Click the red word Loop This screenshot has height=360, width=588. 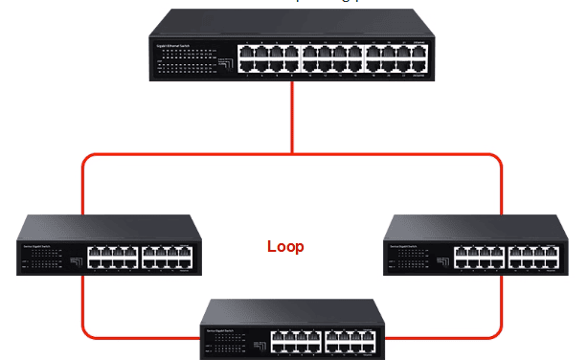point(285,247)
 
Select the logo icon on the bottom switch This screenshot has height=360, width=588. point(255,342)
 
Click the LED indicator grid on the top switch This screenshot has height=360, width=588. point(183,63)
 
